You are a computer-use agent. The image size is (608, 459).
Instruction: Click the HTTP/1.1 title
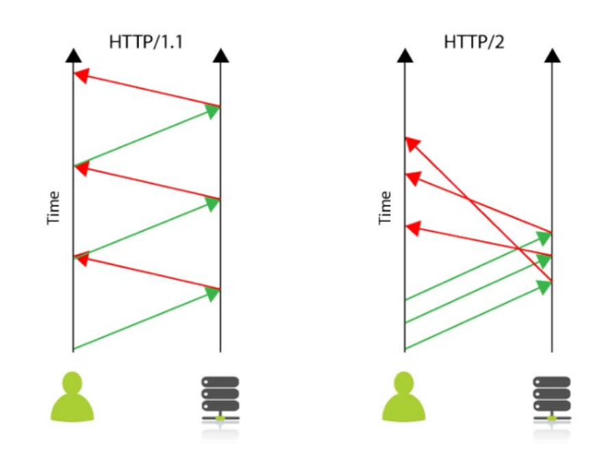146,42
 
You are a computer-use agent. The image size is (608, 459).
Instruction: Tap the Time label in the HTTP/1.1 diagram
53,208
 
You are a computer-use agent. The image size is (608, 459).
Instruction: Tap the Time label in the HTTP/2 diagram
385,208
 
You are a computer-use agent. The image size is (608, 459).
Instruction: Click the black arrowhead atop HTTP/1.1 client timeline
73,55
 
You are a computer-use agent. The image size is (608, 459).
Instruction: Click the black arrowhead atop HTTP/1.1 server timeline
220,55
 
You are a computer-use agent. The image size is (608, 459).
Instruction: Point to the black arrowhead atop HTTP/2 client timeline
405,55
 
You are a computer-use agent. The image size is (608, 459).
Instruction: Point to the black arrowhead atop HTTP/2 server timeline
552,55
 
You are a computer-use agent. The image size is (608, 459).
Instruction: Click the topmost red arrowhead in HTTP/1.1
81,75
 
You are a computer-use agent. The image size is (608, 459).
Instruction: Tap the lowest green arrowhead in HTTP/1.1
212,294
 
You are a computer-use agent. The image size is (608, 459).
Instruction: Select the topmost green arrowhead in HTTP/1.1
212,111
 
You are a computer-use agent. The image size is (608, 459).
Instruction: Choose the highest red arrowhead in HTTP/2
412,143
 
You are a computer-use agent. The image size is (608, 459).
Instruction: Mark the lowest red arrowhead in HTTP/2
412,228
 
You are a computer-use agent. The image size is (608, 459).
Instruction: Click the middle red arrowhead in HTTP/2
412,179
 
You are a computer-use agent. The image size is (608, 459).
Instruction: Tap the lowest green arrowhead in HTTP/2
544,286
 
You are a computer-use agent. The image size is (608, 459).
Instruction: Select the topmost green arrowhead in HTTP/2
544,238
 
